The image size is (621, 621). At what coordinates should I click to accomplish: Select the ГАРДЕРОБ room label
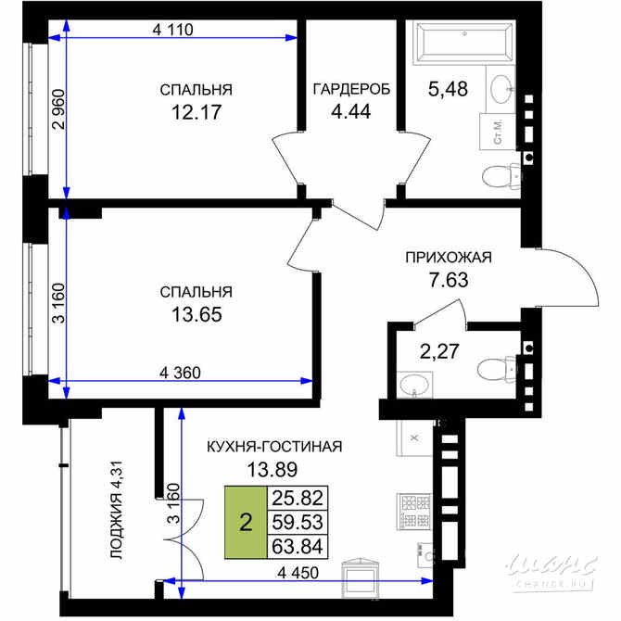pyautogui.click(x=350, y=90)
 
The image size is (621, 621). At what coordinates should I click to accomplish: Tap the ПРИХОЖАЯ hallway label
pyautogui.click(x=448, y=258)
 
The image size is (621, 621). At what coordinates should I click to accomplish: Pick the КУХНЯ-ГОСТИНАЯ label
pyautogui.click(x=274, y=447)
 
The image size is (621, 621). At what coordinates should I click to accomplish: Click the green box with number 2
pyautogui.click(x=245, y=523)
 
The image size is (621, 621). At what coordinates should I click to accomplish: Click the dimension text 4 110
pyautogui.click(x=172, y=29)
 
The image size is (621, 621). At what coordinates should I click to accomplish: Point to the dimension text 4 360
pyautogui.click(x=180, y=373)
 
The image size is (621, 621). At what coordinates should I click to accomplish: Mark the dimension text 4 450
pyautogui.click(x=298, y=572)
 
